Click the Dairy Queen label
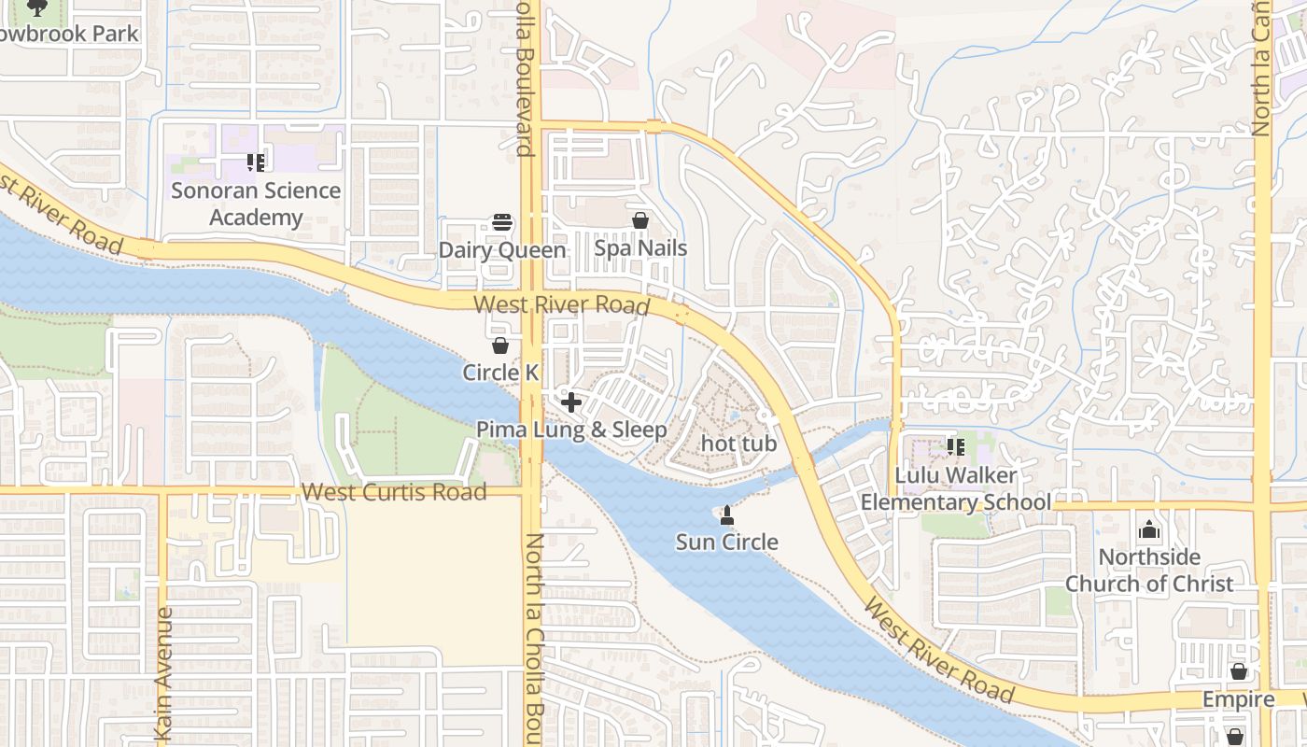click(502, 250)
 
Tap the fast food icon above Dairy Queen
click(502, 223)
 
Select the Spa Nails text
click(640, 248)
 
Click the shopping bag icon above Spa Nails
click(640, 221)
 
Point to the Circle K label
click(500, 373)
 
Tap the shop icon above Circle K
click(500, 345)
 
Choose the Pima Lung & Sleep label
click(571, 430)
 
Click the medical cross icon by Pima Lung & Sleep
click(571, 402)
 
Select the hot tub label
click(738, 443)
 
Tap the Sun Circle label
click(726, 542)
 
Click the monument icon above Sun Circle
click(726, 514)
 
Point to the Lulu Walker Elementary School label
click(955, 488)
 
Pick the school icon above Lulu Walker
click(955, 447)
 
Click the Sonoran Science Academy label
click(256, 204)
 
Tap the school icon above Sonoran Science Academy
click(256, 163)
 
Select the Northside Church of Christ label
click(1149, 571)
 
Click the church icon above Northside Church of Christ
click(1149, 530)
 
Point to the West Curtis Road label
click(394, 492)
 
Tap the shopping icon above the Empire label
click(1238, 671)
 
